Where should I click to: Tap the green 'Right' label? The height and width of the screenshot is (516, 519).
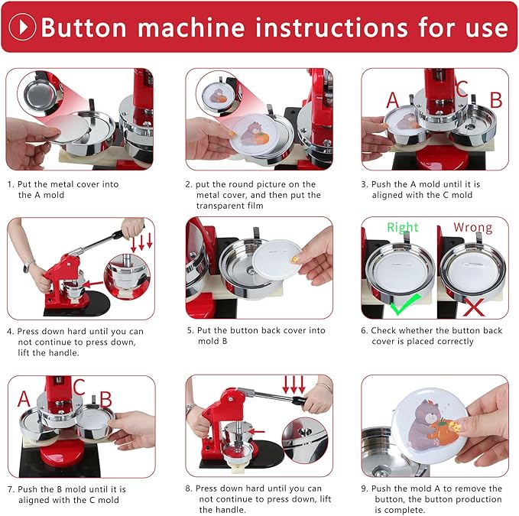coord(403,227)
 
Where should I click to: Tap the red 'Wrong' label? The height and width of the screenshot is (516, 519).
coord(472,227)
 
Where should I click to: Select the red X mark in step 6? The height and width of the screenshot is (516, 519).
coord(473,307)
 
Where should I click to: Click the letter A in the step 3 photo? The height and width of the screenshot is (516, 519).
coord(393,100)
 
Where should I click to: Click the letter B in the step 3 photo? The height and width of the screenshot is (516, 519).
coord(495,100)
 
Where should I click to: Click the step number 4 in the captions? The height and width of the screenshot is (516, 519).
coord(10,331)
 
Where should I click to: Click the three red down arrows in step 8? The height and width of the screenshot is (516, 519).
coord(294,384)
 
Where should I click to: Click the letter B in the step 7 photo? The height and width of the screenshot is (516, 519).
coord(106,398)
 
